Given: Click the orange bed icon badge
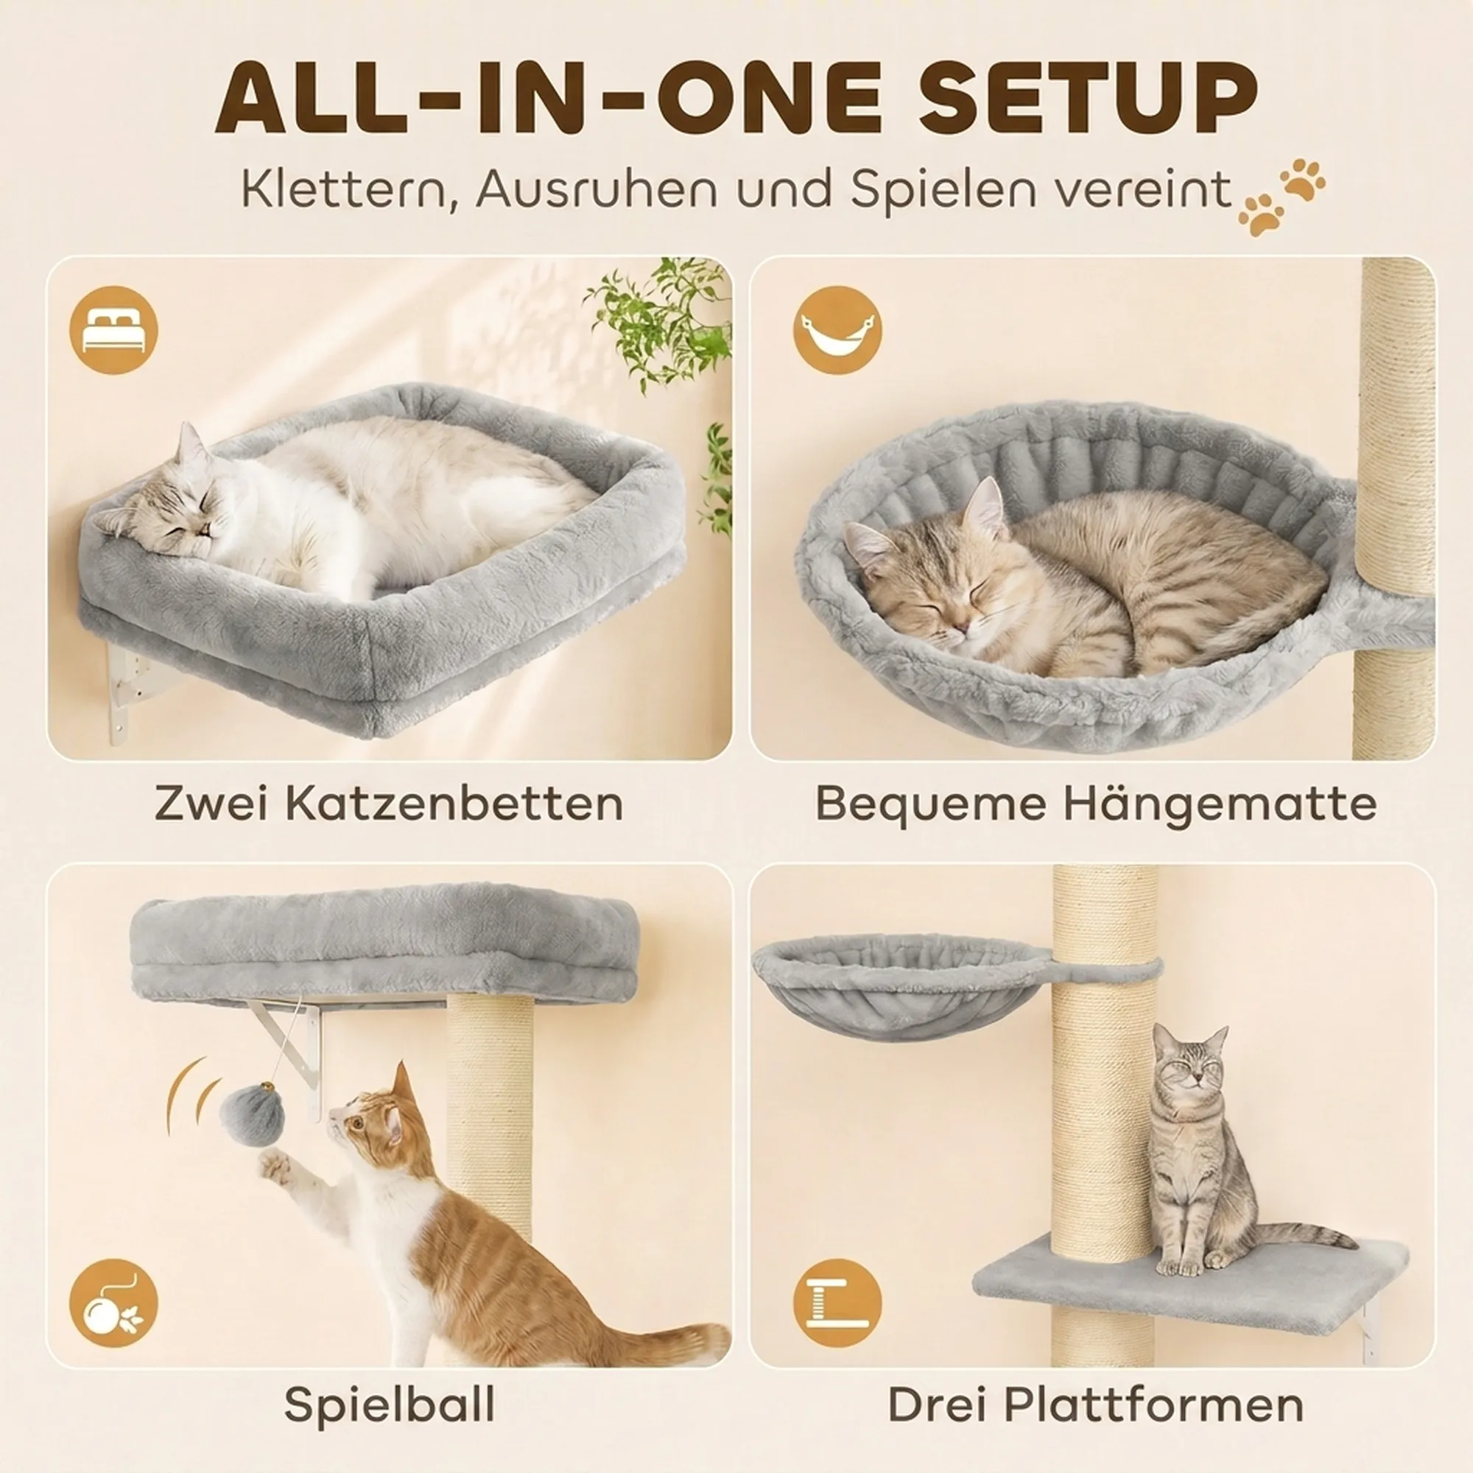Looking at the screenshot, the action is coord(113,330).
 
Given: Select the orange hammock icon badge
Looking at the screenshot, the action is coord(837,330).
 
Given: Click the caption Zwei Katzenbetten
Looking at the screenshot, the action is coord(389,803).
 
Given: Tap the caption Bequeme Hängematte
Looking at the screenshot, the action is coord(1096,803).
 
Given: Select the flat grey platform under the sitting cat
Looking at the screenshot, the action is coord(1189,1288).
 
